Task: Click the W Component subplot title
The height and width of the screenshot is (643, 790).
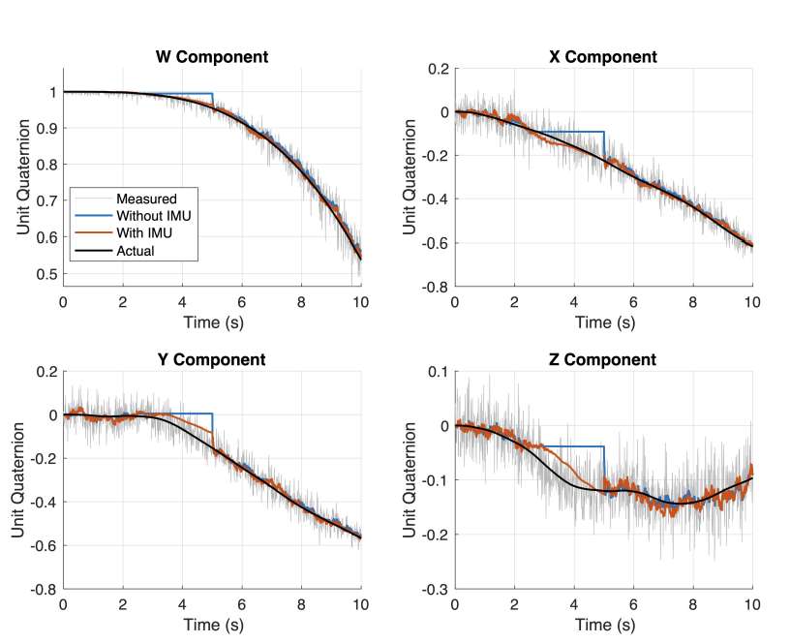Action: coord(212,57)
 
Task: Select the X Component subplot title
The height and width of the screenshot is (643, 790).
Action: coord(602,57)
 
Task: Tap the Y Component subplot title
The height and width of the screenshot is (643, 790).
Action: coord(211,360)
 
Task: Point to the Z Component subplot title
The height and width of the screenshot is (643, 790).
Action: coord(602,360)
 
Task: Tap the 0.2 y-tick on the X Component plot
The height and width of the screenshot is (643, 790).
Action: coord(437,69)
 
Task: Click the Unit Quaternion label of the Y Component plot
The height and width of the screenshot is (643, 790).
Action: coord(19,480)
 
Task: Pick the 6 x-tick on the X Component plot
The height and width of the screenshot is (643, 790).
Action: coord(633,302)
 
